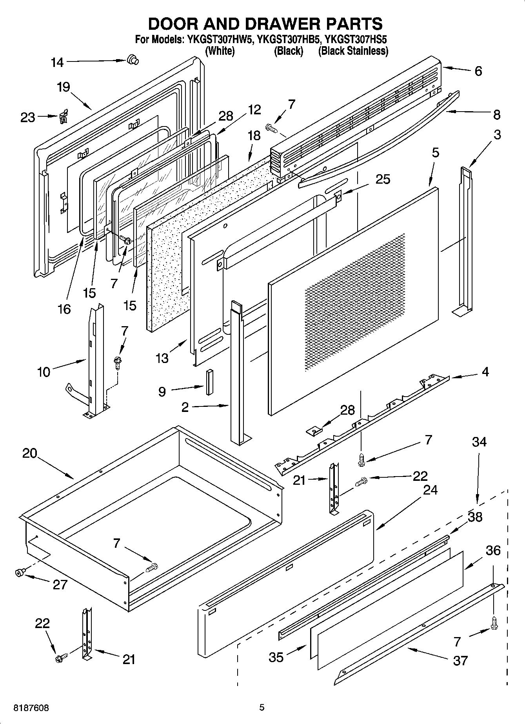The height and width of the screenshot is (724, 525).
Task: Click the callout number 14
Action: (x=57, y=62)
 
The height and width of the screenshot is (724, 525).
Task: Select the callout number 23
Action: (x=28, y=117)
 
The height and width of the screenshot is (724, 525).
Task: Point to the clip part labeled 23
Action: (x=63, y=116)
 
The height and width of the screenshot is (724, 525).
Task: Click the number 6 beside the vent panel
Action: (x=478, y=71)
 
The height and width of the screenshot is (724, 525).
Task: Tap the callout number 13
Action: (x=162, y=357)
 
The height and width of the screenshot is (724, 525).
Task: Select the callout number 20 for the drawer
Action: (x=30, y=453)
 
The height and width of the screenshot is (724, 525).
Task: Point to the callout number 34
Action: (x=479, y=442)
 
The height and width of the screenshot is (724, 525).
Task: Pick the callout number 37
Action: (x=460, y=661)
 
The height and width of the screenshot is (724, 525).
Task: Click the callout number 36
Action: (x=493, y=550)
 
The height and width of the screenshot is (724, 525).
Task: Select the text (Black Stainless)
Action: (x=353, y=51)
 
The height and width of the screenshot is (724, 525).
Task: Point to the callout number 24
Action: (x=430, y=490)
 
